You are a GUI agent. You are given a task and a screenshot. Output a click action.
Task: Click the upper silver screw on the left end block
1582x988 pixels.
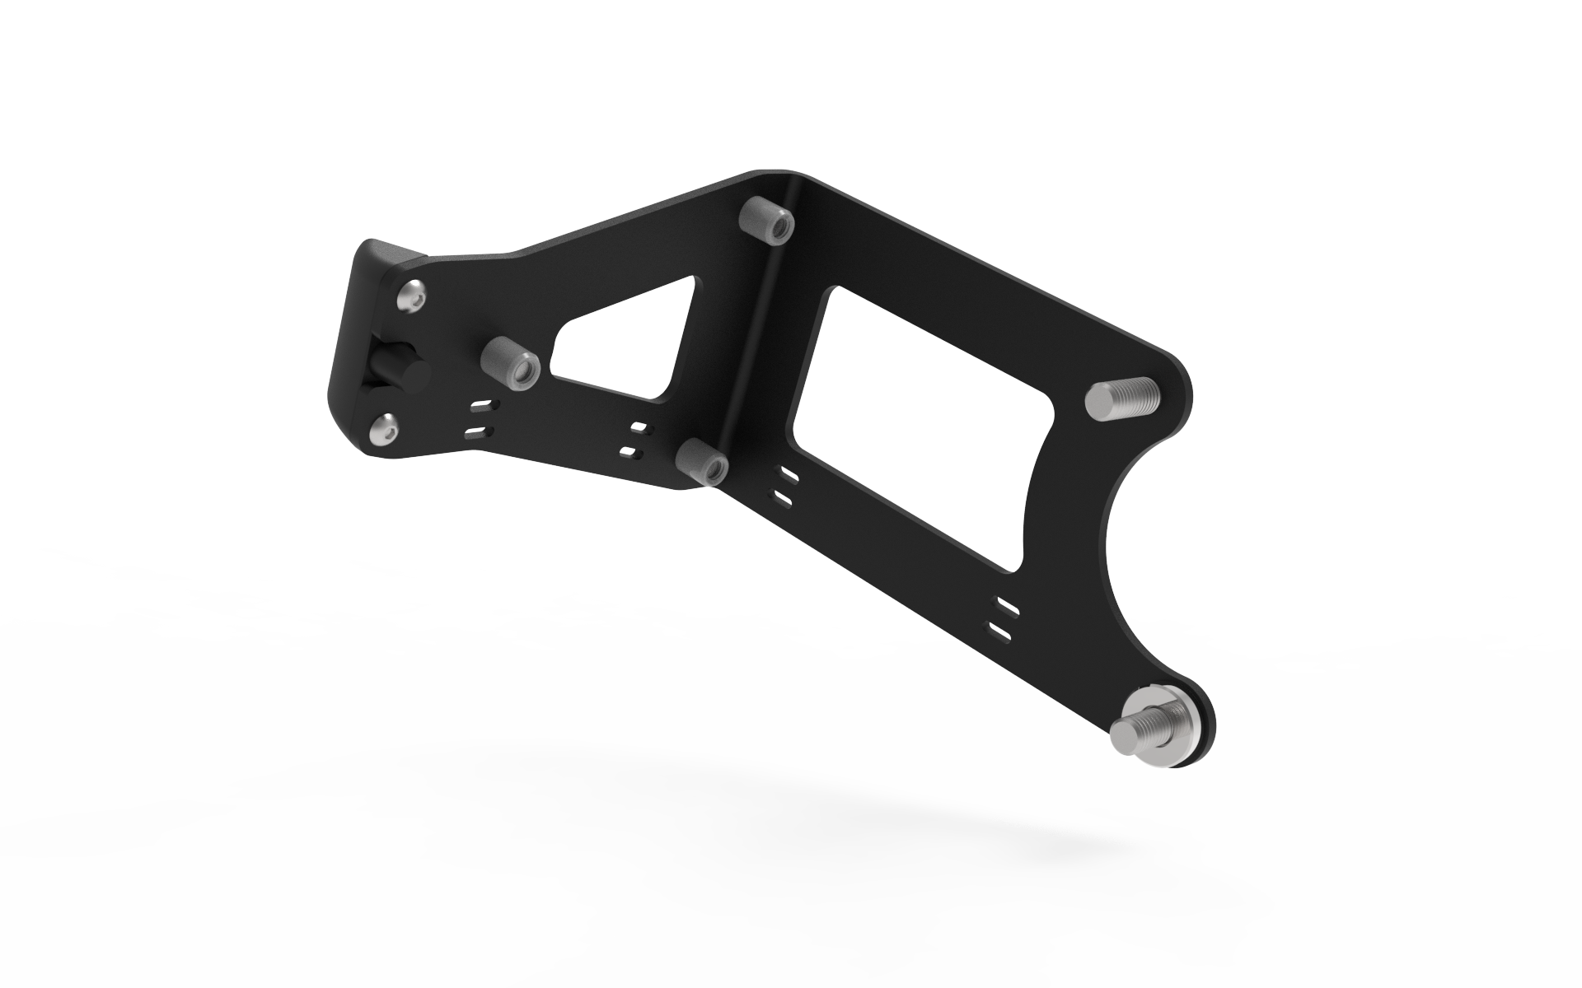pos(413,297)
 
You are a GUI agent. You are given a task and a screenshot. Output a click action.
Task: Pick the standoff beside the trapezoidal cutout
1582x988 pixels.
pos(509,363)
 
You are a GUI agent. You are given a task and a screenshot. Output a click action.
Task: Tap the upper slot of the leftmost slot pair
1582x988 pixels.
pos(485,406)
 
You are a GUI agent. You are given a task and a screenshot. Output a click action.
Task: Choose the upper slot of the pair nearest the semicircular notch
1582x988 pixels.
pos(1008,608)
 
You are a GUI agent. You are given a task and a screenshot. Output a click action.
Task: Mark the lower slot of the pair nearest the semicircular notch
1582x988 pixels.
pos(1000,632)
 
